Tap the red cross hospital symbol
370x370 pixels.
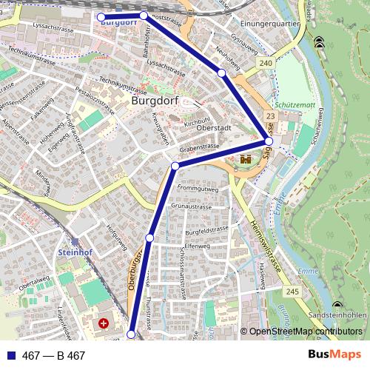(104, 323)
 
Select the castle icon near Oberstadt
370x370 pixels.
(246, 158)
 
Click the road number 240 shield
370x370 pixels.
(266, 64)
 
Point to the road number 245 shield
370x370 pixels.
(292, 293)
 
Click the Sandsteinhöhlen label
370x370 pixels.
(337, 314)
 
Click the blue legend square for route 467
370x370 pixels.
(10, 355)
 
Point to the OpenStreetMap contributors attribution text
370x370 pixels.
(306, 332)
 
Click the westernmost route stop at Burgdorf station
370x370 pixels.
(101, 16)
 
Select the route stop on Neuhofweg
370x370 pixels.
(221, 73)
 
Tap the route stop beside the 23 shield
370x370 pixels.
(269, 141)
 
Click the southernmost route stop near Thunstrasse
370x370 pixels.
(131, 334)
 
